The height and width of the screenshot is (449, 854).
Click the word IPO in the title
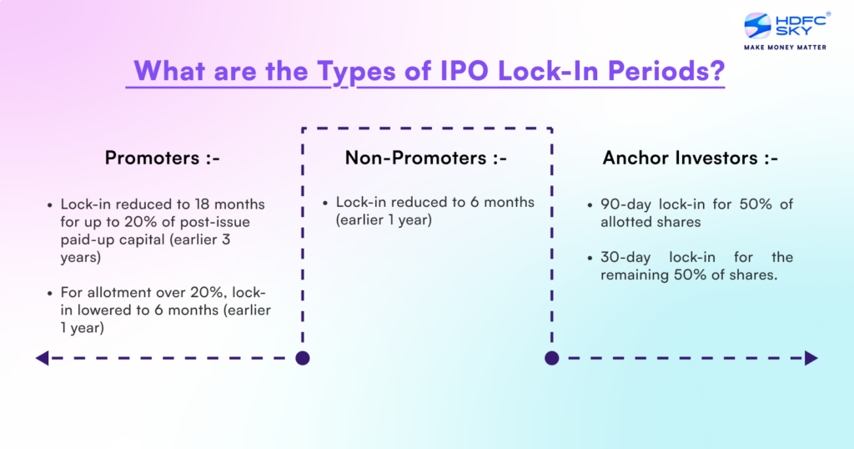(465, 71)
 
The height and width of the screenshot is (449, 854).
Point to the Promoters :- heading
(163, 158)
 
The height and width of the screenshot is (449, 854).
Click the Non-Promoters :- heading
(426, 158)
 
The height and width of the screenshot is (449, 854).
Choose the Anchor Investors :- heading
(690, 158)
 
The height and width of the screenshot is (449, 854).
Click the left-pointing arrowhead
(42, 358)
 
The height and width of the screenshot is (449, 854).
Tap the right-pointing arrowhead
(811, 358)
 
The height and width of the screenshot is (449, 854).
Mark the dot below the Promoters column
(303, 358)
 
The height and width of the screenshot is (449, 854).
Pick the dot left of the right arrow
(551, 358)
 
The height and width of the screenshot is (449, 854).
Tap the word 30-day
(624, 257)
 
